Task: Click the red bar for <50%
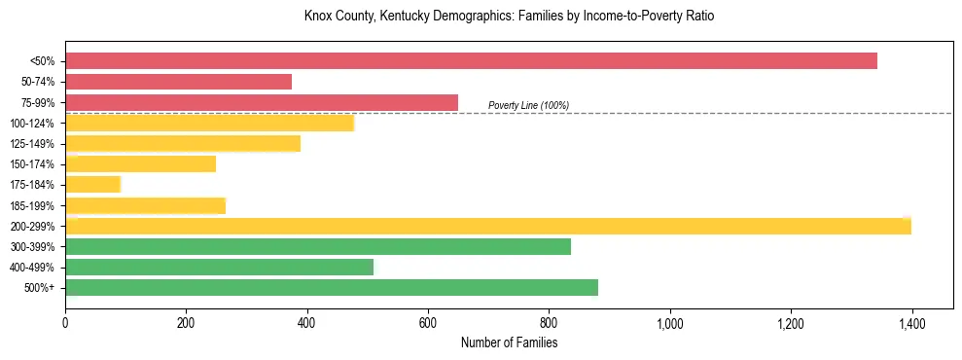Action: tap(471, 61)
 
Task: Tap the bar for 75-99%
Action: tap(261, 102)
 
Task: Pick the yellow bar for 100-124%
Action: tap(209, 124)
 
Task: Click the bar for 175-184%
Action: tap(92, 185)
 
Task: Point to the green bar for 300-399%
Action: tap(318, 247)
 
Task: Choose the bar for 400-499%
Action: tap(219, 268)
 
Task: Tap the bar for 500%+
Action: tap(332, 288)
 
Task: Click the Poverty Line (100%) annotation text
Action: tap(528, 105)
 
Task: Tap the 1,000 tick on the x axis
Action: tap(670, 322)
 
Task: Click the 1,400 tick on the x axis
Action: tap(911, 322)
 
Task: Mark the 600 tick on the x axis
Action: tap(428, 322)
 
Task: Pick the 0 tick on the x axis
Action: tap(65, 322)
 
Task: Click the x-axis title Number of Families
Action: tap(509, 342)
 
